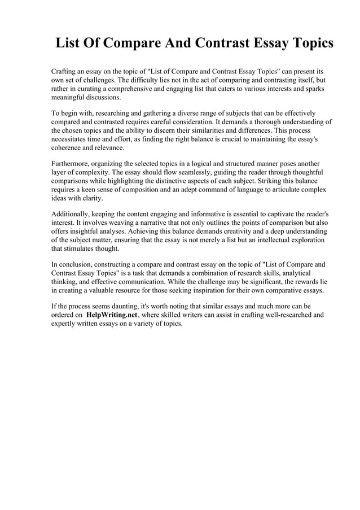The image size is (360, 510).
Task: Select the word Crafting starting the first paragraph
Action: pyautogui.click(x=65, y=73)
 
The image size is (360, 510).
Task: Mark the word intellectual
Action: pyautogui.click(x=264, y=240)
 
